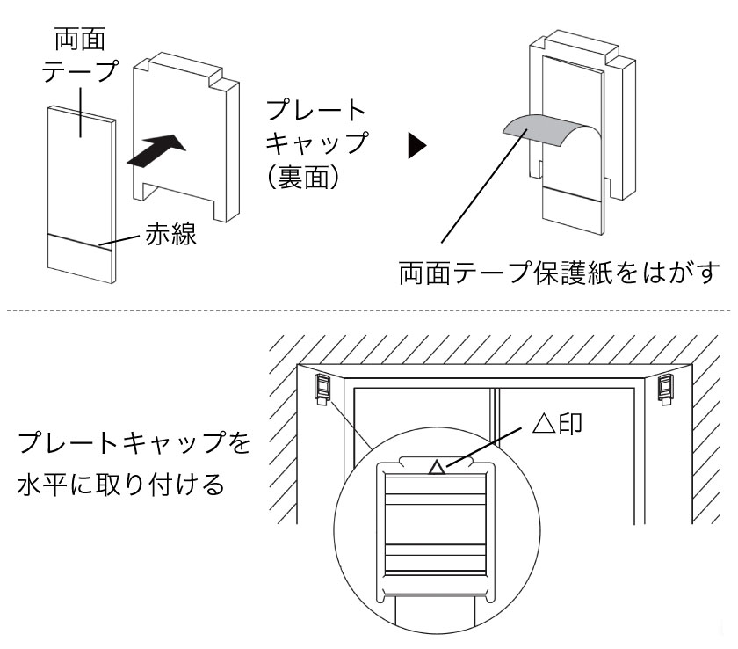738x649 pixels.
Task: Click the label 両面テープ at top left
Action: (81, 53)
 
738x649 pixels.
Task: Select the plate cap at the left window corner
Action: (322, 388)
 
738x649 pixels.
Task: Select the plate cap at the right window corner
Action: (665, 388)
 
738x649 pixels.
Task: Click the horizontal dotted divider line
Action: (369, 310)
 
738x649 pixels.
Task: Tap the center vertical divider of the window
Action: (496, 413)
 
